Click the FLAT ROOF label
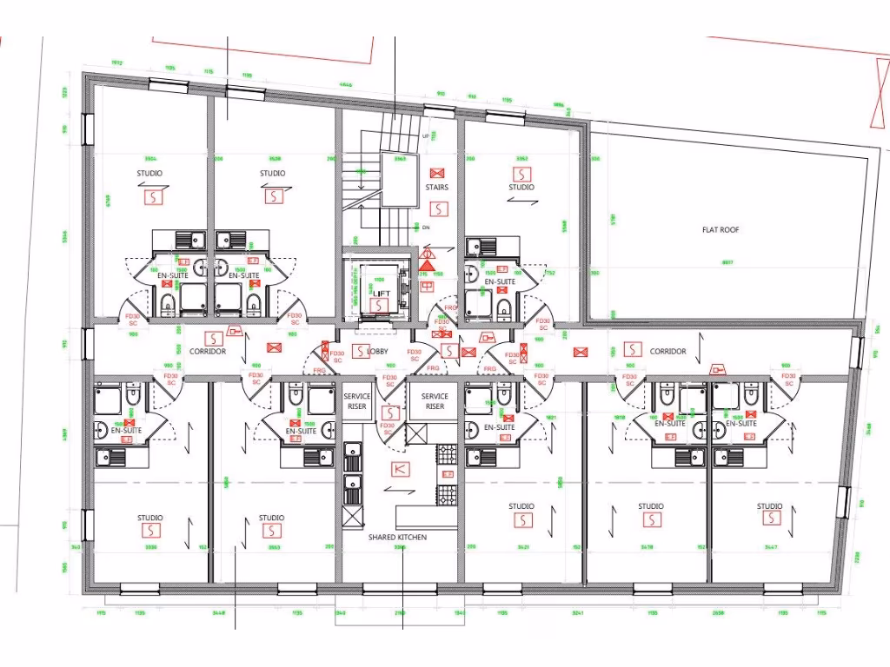(x=721, y=230)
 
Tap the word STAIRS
(x=437, y=188)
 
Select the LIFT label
(x=382, y=294)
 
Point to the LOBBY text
(x=377, y=352)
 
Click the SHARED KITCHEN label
(x=397, y=538)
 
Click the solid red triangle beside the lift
(x=428, y=254)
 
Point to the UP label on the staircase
(x=425, y=136)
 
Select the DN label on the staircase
(x=425, y=228)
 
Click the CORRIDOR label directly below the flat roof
(x=667, y=352)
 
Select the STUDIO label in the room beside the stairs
(x=521, y=188)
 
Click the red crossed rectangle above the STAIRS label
(x=437, y=173)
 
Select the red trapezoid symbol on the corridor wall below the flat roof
(x=718, y=369)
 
